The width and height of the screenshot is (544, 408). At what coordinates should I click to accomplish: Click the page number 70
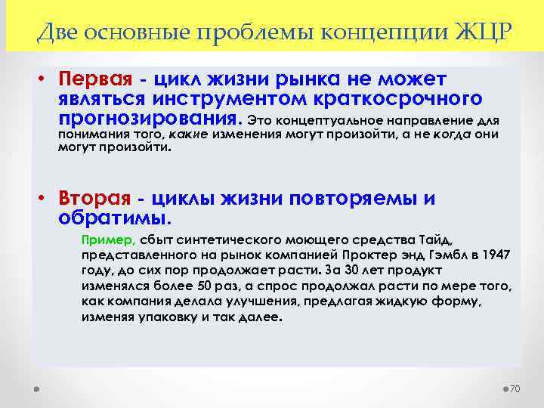pyautogui.click(x=516, y=388)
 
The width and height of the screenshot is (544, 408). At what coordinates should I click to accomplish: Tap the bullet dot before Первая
pyautogui.click(x=45, y=79)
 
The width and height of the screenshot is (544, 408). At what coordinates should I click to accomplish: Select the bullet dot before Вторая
pyautogui.click(x=45, y=199)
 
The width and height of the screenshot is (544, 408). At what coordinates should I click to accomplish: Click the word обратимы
pyautogui.click(x=114, y=218)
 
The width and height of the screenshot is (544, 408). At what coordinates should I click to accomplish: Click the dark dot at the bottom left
pyautogui.click(x=36, y=388)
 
